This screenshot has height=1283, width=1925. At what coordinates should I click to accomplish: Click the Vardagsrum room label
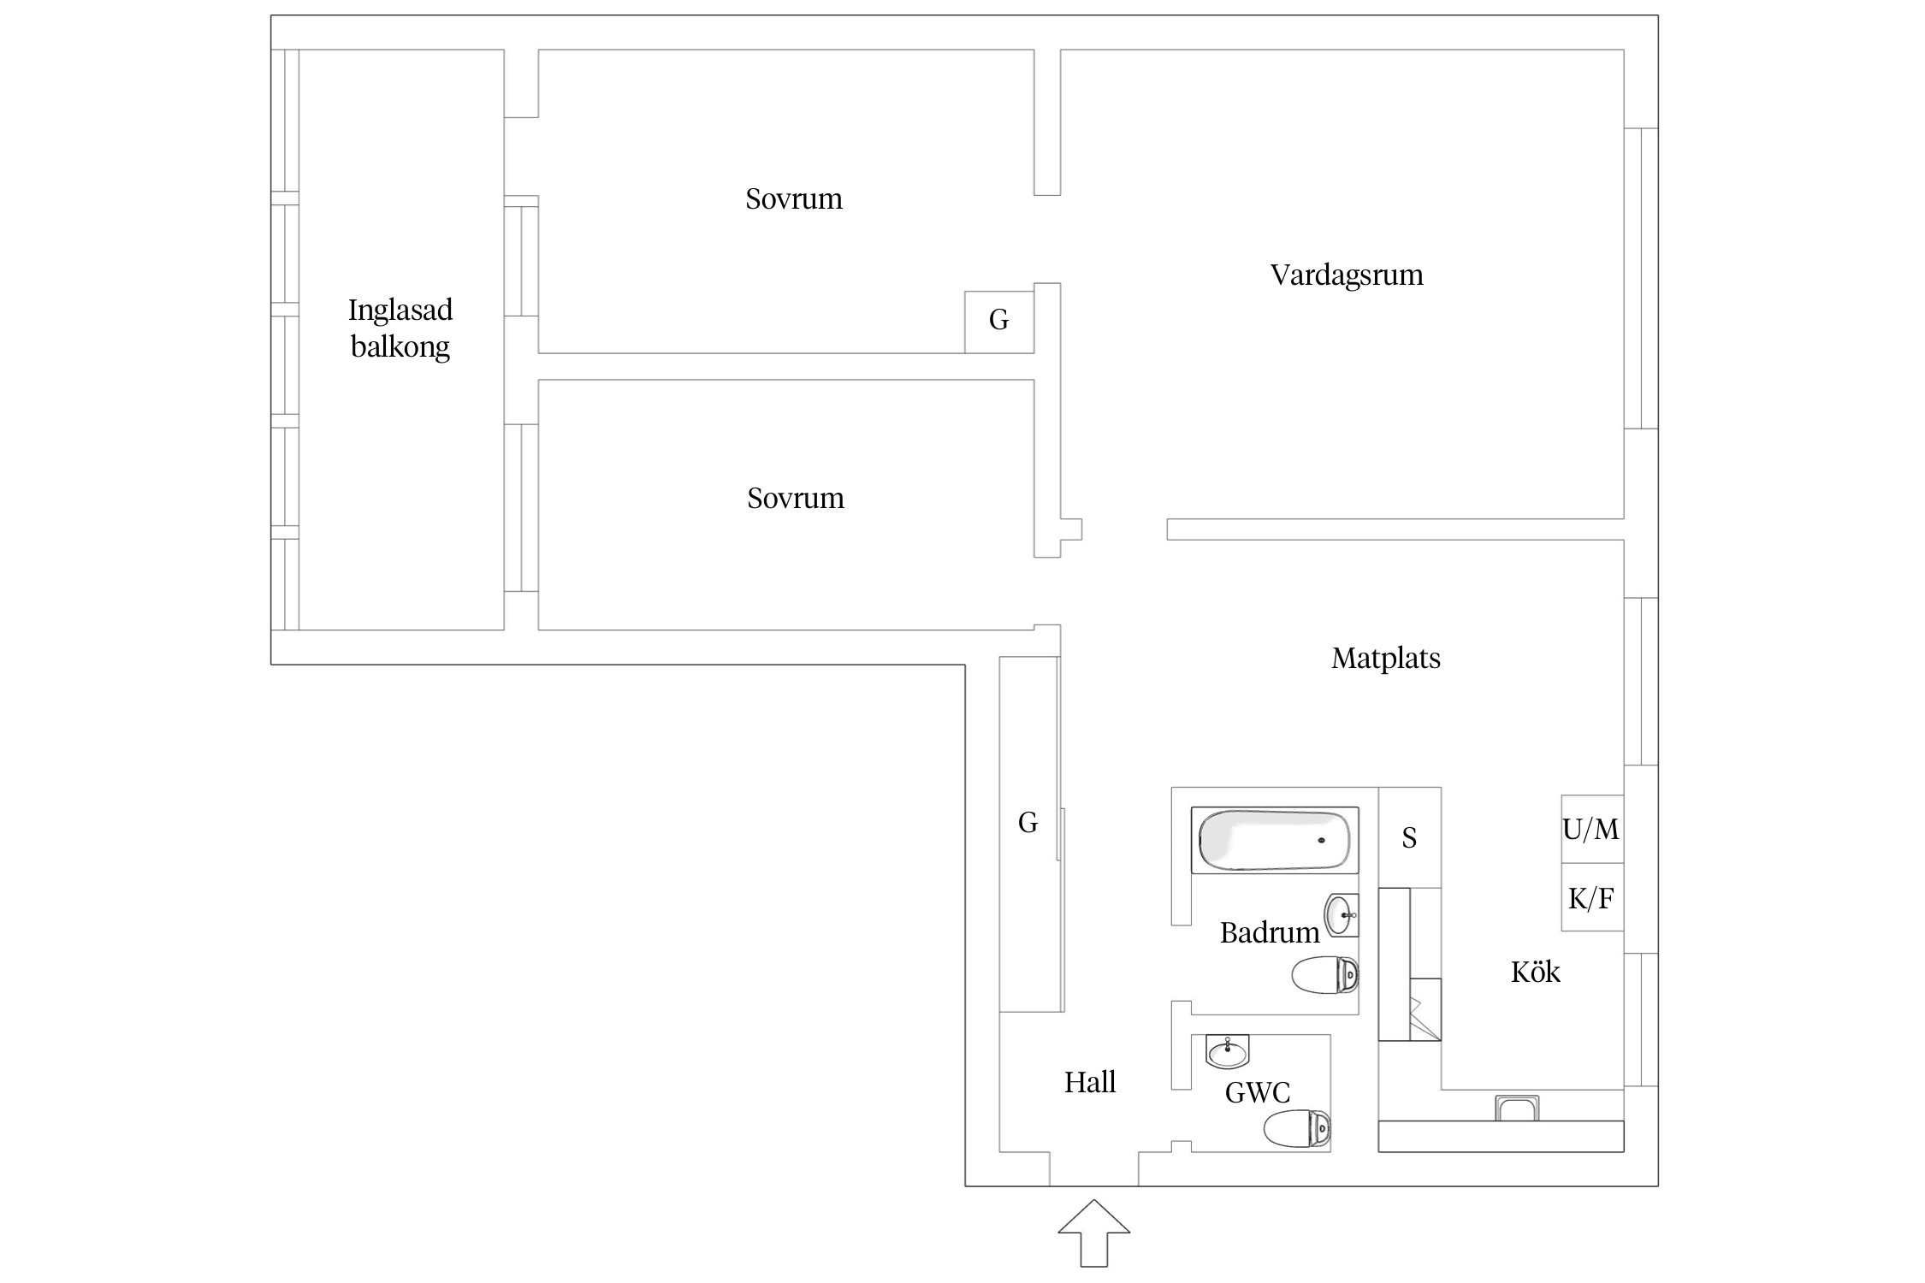point(1347,275)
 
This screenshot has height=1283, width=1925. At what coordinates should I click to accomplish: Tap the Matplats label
point(1386,659)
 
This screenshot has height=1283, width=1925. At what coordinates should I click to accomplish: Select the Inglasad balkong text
point(400,328)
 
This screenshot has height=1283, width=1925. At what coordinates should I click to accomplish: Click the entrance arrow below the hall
point(1094,1233)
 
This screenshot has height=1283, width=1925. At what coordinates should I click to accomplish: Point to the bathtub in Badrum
point(1275,840)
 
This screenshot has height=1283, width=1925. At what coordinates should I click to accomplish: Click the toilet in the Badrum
point(1324,975)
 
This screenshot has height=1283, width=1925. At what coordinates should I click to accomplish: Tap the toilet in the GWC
point(1297,1129)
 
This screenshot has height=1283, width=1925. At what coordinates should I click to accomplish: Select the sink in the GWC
point(1228,1051)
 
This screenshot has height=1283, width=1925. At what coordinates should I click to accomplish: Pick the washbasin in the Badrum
point(1342,915)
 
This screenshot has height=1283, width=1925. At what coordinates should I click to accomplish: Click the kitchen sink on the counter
point(1517,1109)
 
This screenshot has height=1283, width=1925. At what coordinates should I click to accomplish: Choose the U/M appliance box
point(1592,829)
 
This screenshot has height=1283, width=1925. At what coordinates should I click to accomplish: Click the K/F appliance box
point(1592,897)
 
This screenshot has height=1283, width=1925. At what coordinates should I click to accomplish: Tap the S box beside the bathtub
point(1410,837)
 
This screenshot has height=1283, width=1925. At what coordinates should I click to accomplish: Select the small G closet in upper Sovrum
point(999,322)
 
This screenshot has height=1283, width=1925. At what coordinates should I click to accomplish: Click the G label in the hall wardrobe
point(1028,823)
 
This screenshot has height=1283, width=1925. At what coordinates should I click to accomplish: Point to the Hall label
point(1090,1083)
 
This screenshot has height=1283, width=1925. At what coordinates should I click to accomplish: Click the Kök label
point(1536,973)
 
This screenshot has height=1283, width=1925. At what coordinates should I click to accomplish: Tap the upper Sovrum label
point(794,199)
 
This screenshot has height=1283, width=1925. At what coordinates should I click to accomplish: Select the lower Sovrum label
point(796,499)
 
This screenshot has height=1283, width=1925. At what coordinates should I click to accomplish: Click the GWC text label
point(1258,1092)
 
